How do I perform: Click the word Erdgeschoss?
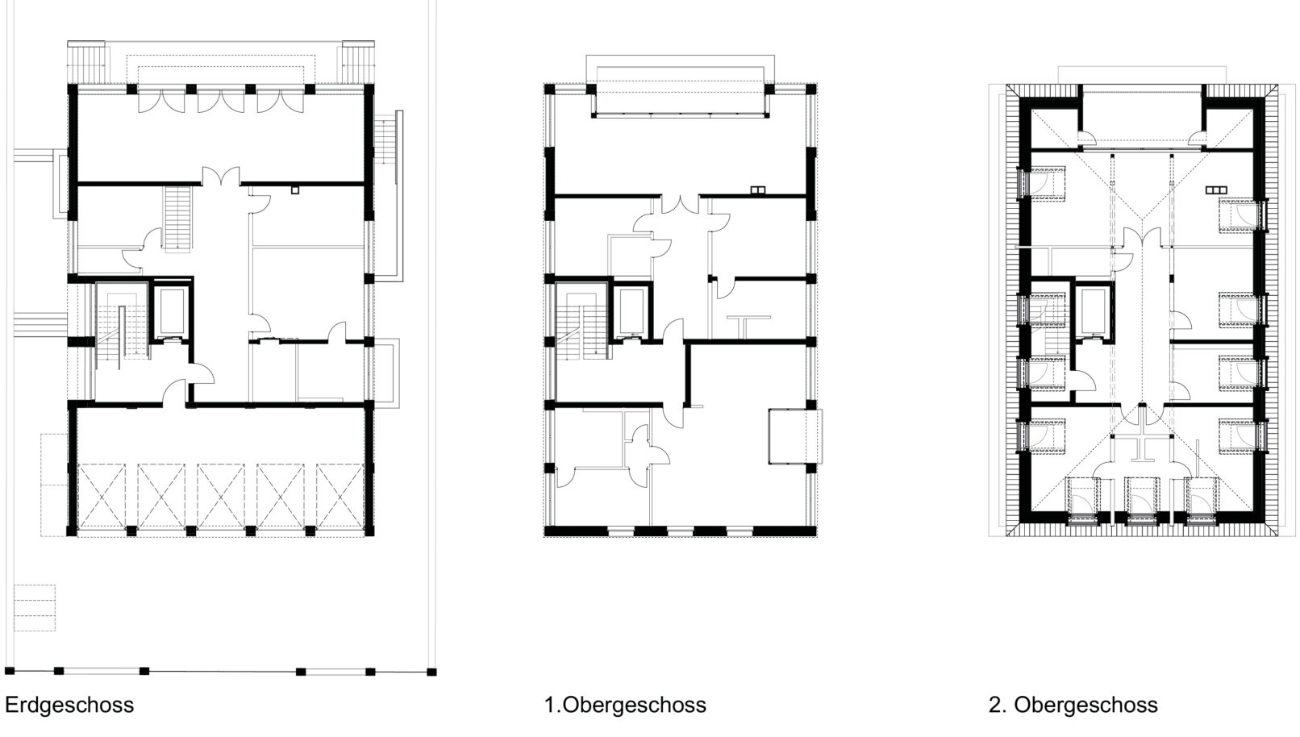point(69,706)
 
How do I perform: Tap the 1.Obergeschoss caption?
point(625,706)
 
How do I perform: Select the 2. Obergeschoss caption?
point(1073,706)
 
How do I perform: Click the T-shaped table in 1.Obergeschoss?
point(748,326)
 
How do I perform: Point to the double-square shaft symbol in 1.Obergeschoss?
point(758,189)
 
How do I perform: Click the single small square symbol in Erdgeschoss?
point(295,189)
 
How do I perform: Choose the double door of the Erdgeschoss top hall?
point(220,176)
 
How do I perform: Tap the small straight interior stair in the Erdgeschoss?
point(177,219)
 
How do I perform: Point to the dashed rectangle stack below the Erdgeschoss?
point(34,608)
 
